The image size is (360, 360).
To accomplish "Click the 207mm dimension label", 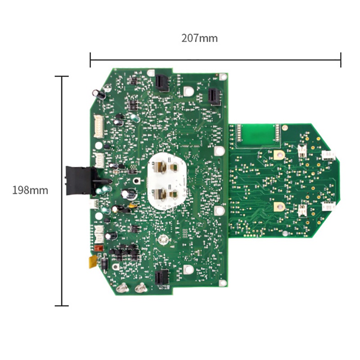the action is [x=199, y=38].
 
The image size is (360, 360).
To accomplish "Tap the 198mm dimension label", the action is [x=30, y=190].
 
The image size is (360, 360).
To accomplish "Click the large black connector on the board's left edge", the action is [x=80, y=179].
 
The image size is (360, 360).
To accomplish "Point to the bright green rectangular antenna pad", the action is [x=258, y=134].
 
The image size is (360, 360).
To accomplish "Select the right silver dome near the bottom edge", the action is [x=141, y=287].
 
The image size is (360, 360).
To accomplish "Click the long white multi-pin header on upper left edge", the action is [x=98, y=126].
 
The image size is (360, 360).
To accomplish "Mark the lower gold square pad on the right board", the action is [x=277, y=207].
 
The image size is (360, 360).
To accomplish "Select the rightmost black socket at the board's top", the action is [x=214, y=96].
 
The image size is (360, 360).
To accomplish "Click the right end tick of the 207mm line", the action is [x=341, y=59].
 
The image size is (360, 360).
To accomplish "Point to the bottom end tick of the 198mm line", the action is [x=62, y=306].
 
